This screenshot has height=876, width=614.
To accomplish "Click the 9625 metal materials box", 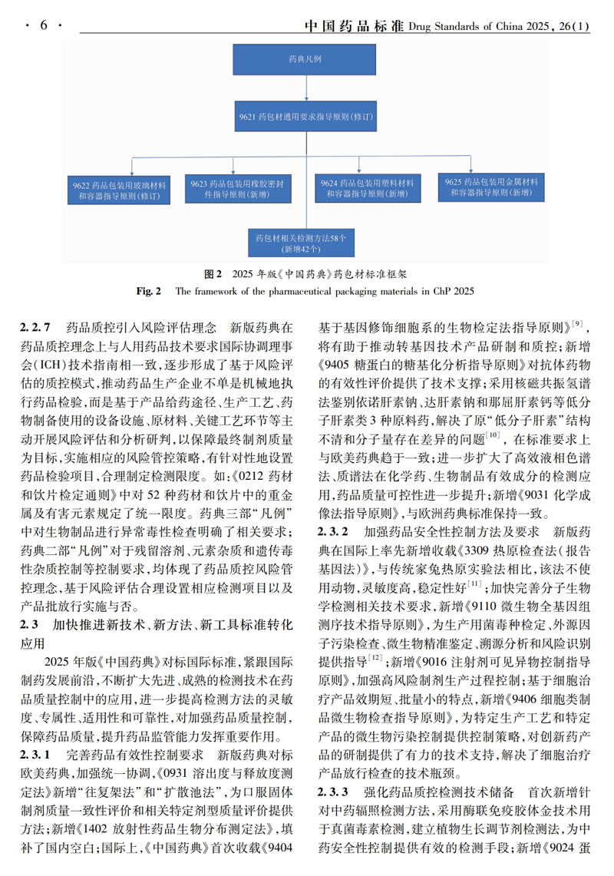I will [492, 187].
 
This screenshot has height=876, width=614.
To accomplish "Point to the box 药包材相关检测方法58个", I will [300, 243].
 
